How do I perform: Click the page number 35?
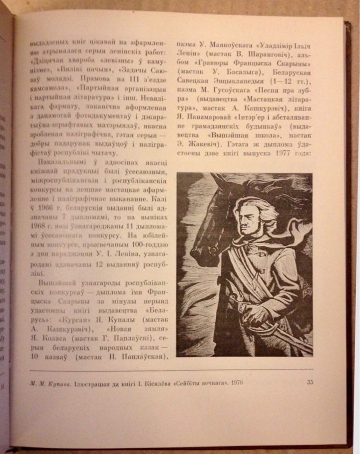click(x=309, y=382)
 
